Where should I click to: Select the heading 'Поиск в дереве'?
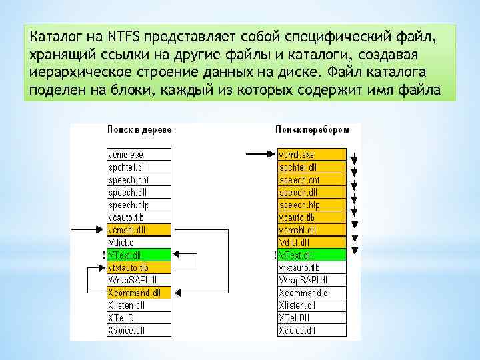[x=138, y=129]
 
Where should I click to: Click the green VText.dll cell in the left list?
[x=139, y=255]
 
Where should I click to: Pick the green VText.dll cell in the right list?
[x=312, y=255]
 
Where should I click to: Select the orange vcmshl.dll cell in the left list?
[x=139, y=229]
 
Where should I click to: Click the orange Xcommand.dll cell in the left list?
[x=139, y=292]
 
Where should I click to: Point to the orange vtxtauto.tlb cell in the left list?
[x=139, y=267]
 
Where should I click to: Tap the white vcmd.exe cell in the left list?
[x=139, y=154]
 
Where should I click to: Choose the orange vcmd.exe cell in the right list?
[x=312, y=154]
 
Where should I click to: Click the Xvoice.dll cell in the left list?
[x=139, y=329]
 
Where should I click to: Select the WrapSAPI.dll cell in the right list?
[x=312, y=279]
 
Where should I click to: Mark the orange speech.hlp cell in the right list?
[x=312, y=205]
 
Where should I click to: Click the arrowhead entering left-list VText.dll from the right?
[x=177, y=255]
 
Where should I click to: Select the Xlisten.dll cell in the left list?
[x=139, y=305]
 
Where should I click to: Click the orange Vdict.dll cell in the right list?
[x=312, y=242]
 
